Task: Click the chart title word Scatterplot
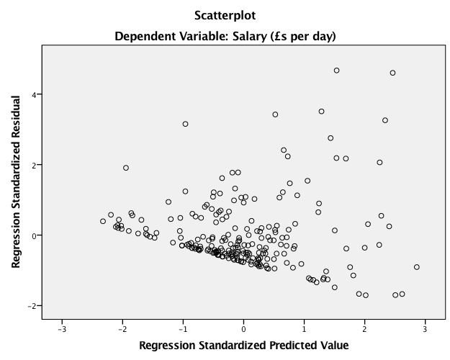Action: [225, 14]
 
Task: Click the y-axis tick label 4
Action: [34, 94]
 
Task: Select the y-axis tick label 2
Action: [34, 165]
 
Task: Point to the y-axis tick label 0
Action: [34, 235]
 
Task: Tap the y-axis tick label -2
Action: [32, 306]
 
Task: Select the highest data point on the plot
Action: [336, 71]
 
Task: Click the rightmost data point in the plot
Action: [416, 267]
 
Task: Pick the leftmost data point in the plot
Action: [103, 221]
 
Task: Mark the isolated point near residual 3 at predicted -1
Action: [185, 124]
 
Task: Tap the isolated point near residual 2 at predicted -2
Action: [126, 168]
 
